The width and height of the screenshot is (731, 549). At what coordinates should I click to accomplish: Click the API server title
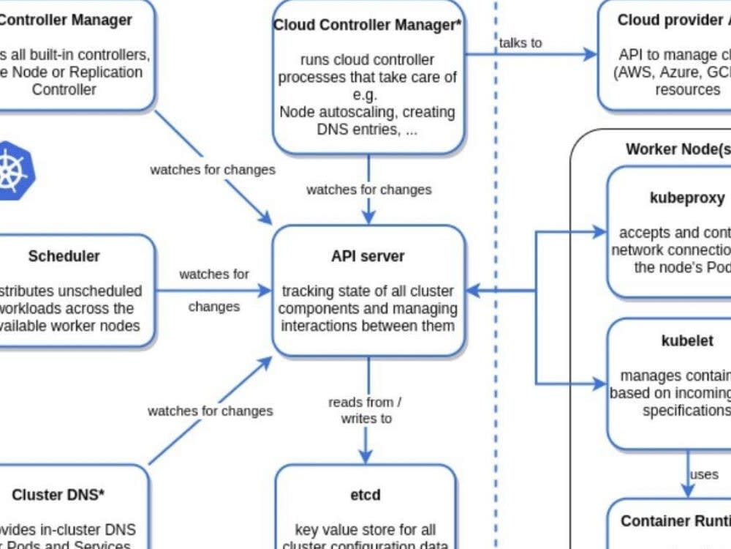(368, 256)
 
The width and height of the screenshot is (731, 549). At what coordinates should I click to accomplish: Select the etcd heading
(365, 495)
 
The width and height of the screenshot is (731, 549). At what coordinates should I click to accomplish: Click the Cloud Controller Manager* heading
(368, 25)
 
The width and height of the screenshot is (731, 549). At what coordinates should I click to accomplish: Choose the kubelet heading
(677, 341)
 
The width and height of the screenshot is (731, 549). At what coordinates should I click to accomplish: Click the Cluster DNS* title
(58, 495)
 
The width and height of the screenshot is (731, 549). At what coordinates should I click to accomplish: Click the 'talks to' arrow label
(520, 42)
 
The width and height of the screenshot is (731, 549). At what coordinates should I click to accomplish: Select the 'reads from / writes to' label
(365, 410)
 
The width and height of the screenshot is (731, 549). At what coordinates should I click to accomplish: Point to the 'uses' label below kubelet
(704, 474)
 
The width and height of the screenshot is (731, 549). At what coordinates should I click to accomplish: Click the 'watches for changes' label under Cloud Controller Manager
(368, 190)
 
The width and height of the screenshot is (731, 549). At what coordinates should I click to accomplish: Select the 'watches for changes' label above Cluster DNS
(211, 411)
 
